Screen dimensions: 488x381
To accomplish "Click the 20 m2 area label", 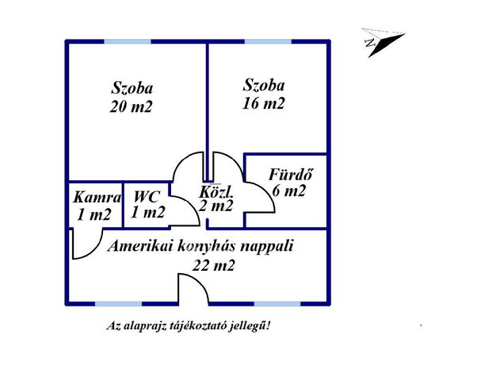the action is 131,107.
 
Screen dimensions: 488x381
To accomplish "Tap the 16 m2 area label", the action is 263,103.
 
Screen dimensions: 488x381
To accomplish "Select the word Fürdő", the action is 291,175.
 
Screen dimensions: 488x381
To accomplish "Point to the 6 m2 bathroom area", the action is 289,190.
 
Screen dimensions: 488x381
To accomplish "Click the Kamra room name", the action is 97,198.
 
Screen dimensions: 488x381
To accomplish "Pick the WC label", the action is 147,197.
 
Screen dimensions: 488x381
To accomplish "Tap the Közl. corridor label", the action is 215,191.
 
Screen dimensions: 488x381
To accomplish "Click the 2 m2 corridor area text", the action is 215,206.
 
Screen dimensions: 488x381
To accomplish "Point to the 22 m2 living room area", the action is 213,266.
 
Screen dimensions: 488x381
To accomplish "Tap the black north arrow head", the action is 386,44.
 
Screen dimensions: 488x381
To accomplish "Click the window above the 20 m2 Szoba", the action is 128,41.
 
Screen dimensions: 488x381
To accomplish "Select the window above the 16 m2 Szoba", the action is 268,41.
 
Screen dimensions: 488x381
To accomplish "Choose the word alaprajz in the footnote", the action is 146,327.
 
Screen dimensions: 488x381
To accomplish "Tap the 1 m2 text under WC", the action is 147,213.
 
